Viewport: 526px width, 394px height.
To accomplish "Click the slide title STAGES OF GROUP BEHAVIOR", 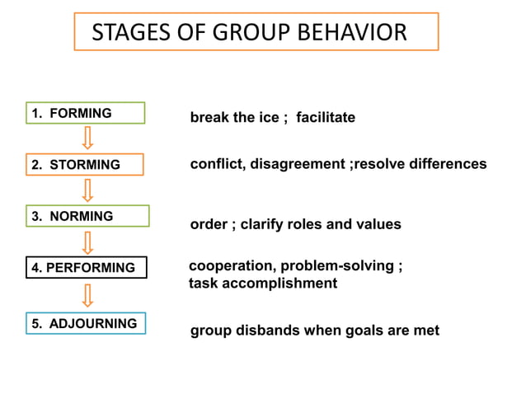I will pos(249,32).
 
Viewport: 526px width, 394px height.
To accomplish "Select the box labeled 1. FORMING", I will pos(85,113).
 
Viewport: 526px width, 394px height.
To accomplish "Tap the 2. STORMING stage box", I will pos(85,165).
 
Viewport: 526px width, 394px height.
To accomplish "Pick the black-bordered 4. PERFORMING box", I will pos(86,268).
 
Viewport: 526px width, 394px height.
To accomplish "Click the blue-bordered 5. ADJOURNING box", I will pos(87,323).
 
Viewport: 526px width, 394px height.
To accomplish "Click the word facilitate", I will pos(326,118).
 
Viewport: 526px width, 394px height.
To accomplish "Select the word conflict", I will pos(215,164).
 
